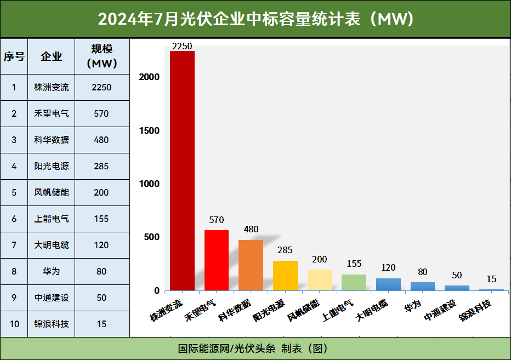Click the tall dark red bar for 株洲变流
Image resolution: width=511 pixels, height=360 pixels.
[182, 170]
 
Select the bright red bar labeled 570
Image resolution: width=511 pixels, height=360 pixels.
[217, 260]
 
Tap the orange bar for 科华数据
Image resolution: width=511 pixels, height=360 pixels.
[251, 265]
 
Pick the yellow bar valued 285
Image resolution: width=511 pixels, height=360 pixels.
[285, 276]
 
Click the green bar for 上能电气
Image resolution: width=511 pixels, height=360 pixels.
[354, 282]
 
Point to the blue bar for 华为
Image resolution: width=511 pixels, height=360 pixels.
[422, 286]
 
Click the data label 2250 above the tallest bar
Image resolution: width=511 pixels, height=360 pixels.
[182, 46]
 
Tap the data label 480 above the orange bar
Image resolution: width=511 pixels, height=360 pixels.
[251, 230]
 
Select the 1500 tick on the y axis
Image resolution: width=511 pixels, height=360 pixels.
[149, 130]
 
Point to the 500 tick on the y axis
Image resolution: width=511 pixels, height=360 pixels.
[152, 237]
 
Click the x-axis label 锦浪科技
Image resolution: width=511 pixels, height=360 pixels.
[476, 311]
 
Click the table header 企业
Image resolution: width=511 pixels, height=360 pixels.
[52, 56]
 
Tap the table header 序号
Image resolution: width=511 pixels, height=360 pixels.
[14, 56]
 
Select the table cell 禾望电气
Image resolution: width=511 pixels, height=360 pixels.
[52, 114]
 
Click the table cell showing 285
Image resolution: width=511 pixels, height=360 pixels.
[101, 167]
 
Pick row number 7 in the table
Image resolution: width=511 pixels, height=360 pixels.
[14, 245]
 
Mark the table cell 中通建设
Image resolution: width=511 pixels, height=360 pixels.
[52, 298]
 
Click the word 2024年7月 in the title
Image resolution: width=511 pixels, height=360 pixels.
[131, 19]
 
